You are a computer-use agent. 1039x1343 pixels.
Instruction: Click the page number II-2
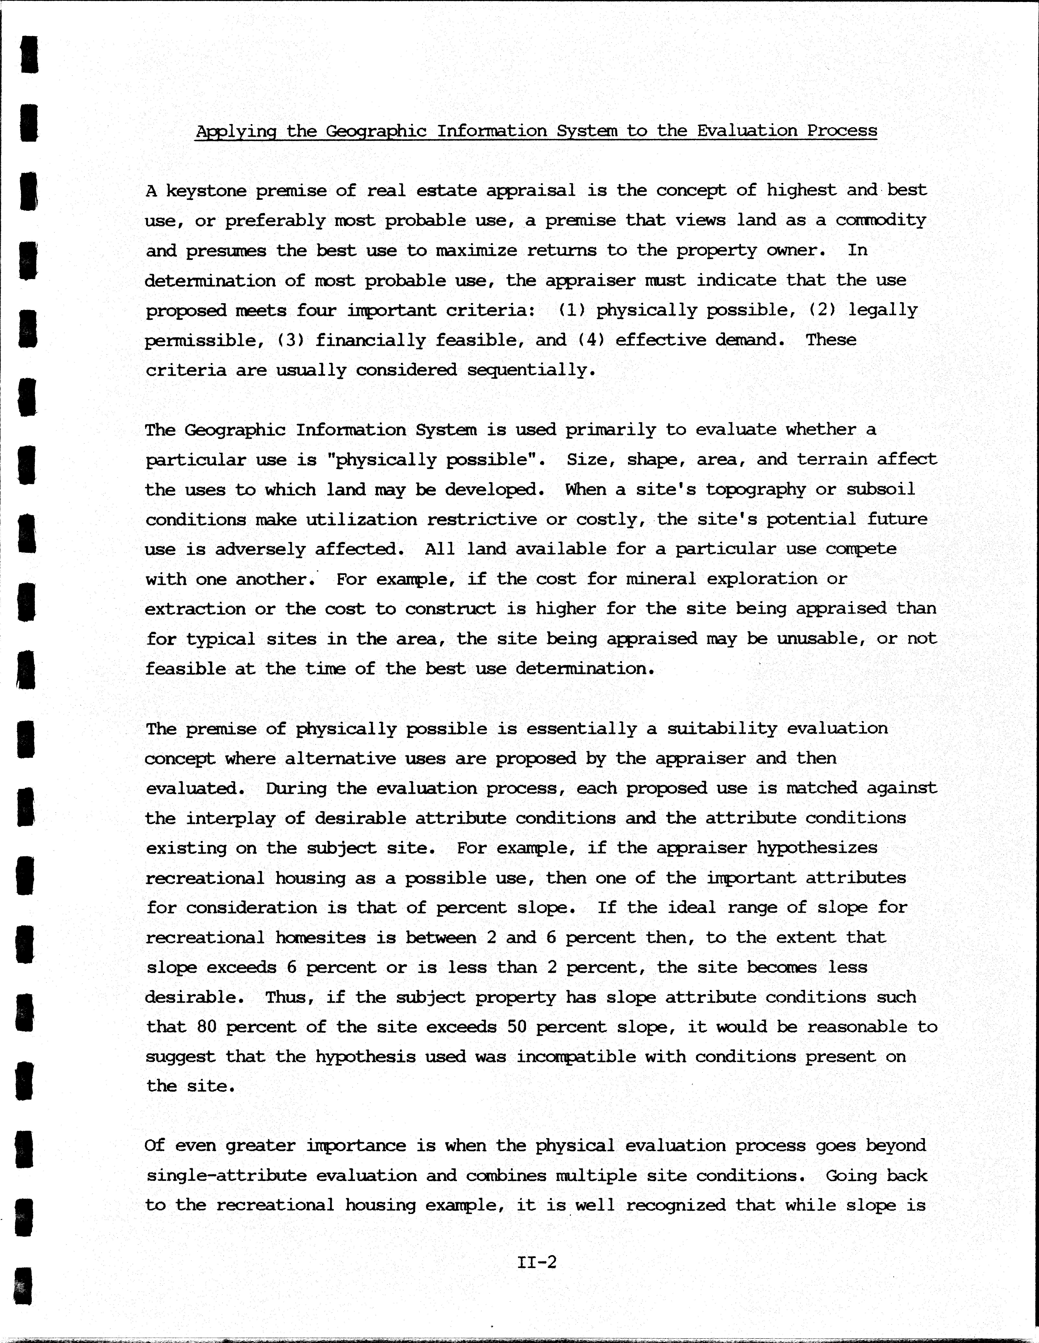tap(537, 1262)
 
